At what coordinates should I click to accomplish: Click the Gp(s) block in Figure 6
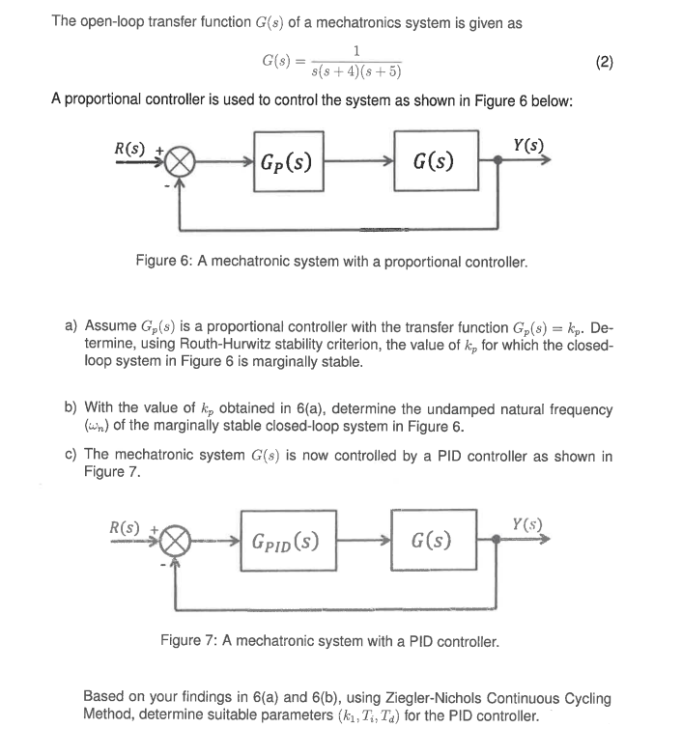[x=285, y=161]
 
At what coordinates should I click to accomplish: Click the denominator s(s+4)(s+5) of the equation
[x=358, y=70]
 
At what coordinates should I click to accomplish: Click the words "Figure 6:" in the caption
[x=165, y=262]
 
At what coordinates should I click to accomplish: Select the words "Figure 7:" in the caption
[x=192, y=640]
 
